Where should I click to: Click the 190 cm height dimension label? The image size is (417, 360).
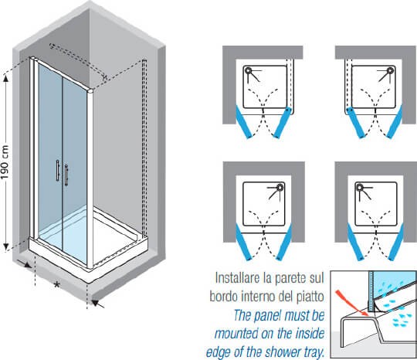pos(5,162)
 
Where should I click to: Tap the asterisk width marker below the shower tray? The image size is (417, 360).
pos(56,286)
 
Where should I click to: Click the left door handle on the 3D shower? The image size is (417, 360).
pos(57,170)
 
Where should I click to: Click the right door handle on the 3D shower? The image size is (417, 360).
pos(66,175)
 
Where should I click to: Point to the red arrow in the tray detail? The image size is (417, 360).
pos(351,303)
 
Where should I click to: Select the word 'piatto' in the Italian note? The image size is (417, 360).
pos(310,296)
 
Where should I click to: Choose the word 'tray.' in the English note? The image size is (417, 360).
pos(314,352)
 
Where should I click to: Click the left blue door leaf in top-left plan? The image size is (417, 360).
pos(243,122)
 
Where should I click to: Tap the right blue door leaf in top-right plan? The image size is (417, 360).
pos(395,122)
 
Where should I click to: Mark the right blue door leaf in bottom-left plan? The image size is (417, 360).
pos(284,242)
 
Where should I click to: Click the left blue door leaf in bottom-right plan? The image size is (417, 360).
pos(355,242)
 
